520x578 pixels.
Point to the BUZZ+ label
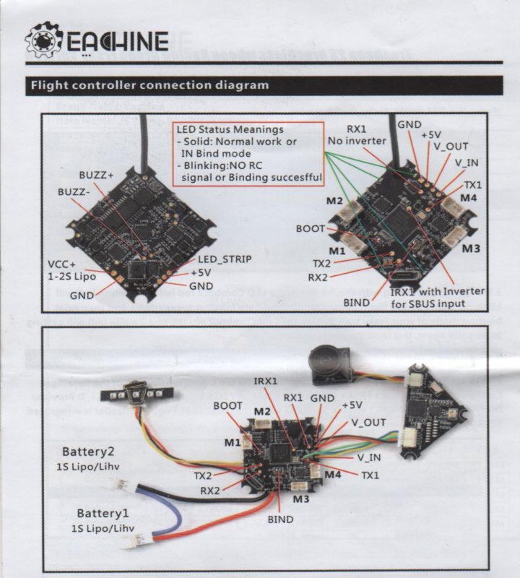97,176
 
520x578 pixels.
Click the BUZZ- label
76,193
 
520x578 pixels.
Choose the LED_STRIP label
222,259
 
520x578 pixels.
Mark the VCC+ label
64,264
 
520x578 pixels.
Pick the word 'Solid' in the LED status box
199,142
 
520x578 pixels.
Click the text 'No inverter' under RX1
357,140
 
